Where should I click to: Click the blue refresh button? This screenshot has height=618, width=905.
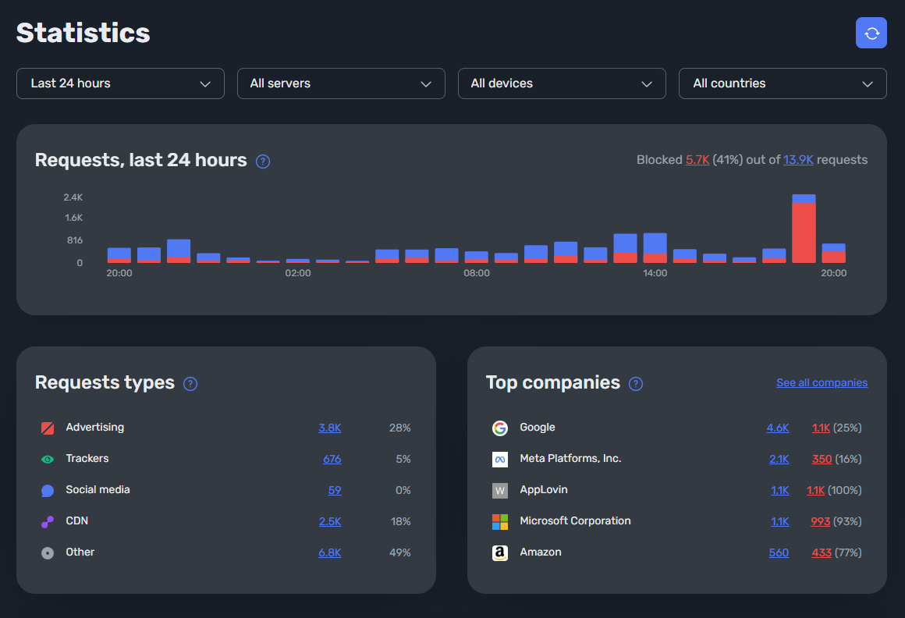(x=871, y=33)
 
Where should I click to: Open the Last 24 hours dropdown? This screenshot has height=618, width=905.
(x=120, y=83)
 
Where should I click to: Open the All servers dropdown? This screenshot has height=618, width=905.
(x=341, y=83)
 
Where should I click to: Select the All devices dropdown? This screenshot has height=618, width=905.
(x=562, y=83)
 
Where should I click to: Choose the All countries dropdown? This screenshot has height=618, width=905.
(x=783, y=83)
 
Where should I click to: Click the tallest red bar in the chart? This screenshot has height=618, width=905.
(x=804, y=233)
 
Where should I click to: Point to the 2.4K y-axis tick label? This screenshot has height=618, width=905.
(x=73, y=197)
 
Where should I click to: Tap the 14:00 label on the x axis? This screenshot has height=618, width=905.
(x=655, y=273)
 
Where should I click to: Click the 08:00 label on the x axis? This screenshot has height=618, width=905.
(x=476, y=273)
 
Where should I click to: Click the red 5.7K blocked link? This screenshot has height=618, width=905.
(x=697, y=160)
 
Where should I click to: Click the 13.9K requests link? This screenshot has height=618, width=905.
(x=798, y=160)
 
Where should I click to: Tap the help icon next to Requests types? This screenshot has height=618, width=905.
(x=190, y=384)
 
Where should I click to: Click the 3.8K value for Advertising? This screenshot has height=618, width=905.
(x=329, y=428)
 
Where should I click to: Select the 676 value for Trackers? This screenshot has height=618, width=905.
(x=332, y=459)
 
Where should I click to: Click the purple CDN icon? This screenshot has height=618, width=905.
(x=48, y=521)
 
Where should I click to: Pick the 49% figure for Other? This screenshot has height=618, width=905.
(x=399, y=552)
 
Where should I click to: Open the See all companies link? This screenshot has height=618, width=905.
(x=822, y=382)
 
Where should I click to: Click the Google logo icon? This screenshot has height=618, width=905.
(x=500, y=428)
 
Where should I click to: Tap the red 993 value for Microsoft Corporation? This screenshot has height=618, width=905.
(x=820, y=521)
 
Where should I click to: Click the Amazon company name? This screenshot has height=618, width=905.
(x=541, y=552)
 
